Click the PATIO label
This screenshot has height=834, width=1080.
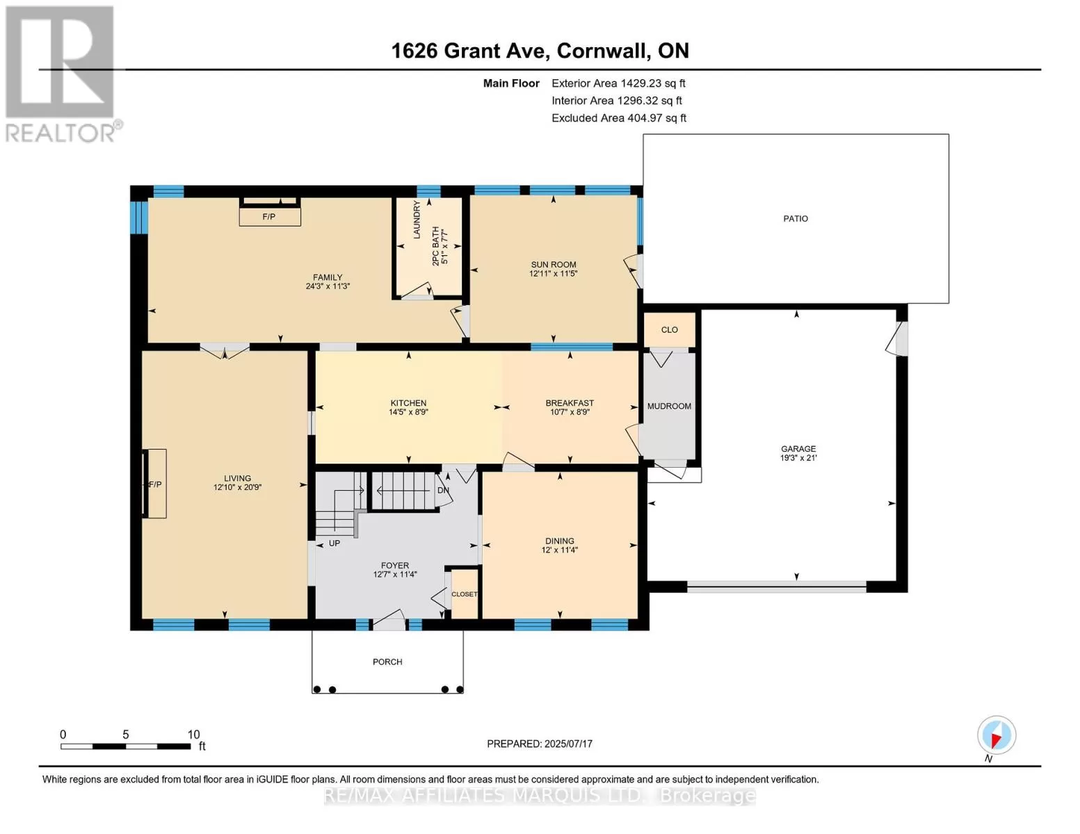coord(795,218)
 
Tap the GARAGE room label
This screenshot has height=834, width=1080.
coord(798,448)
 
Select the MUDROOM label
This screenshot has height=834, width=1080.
coord(669,407)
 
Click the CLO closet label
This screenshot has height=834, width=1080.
coord(670,330)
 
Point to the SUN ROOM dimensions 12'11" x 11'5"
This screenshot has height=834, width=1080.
coord(553,274)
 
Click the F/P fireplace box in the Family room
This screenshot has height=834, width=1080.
coord(270,217)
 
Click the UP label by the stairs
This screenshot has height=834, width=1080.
coord(335,543)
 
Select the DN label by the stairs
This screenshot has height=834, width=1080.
coord(443,490)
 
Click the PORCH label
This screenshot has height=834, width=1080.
coord(387,662)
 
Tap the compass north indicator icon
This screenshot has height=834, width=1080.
coord(997,735)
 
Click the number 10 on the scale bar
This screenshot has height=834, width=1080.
coord(193,735)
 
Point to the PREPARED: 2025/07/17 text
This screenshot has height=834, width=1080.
coord(540,744)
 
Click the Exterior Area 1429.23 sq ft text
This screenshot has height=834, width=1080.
coord(618,83)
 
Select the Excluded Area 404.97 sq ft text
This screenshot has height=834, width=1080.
coord(619,118)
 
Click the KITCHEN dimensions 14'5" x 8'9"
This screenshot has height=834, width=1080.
coord(408,411)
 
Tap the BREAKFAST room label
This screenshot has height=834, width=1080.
coord(570,403)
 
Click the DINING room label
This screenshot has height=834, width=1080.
coord(560,541)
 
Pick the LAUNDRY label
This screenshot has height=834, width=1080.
coord(417,220)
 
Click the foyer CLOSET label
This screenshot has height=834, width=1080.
coord(465,594)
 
